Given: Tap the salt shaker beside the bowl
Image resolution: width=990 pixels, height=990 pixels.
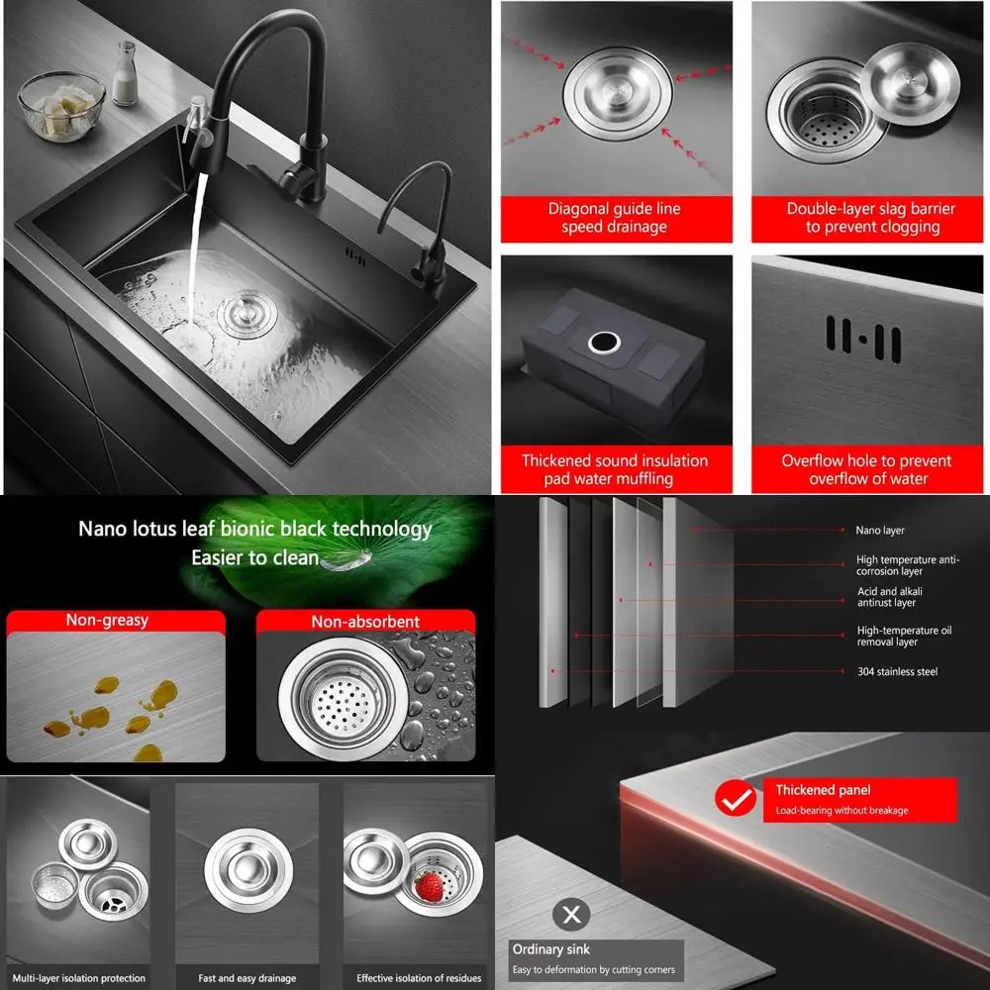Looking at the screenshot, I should pyautogui.click(x=124, y=74).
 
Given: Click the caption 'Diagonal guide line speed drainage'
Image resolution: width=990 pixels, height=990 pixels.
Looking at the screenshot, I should pyautogui.click(x=615, y=218).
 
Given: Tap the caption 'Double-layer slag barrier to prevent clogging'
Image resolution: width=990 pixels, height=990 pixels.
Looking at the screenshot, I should pyautogui.click(x=870, y=218).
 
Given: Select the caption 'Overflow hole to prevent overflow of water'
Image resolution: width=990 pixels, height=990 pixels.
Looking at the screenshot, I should pyautogui.click(x=867, y=469).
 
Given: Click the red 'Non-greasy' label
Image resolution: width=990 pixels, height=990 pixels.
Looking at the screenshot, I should pyautogui.click(x=107, y=621).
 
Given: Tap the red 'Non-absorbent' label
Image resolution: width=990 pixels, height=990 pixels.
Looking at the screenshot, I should pyautogui.click(x=365, y=622).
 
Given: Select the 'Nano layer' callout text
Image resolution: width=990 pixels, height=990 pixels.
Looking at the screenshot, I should pyautogui.click(x=880, y=531).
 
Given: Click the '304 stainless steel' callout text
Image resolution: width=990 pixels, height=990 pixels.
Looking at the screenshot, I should pyautogui.click(x=897, y=672).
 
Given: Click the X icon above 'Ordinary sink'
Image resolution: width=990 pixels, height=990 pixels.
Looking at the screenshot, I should pyautogui.click(x=571, y=915).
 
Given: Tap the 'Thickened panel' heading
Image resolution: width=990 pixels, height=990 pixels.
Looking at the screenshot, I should pyautogui.click(x=823, y=790).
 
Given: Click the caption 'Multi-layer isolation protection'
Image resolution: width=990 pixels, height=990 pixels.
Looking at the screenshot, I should pyautogui.click(x=79, y=978).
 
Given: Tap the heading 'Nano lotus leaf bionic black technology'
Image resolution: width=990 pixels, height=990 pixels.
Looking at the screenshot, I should pyautogui.click(x=255, y=529).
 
